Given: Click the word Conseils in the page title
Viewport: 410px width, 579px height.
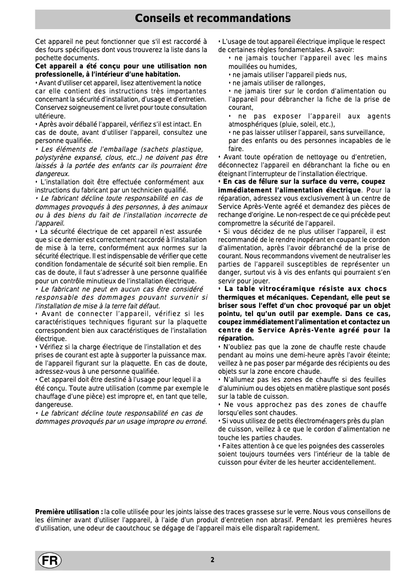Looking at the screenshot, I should point(153,19).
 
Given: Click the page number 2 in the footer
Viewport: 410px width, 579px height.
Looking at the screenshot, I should point(212,560).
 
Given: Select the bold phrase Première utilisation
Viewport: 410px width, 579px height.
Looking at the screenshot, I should point(69,512).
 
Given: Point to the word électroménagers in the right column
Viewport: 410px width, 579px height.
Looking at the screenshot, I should point(314,421).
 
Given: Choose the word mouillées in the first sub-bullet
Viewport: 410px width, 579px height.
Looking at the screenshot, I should point(243,66).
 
